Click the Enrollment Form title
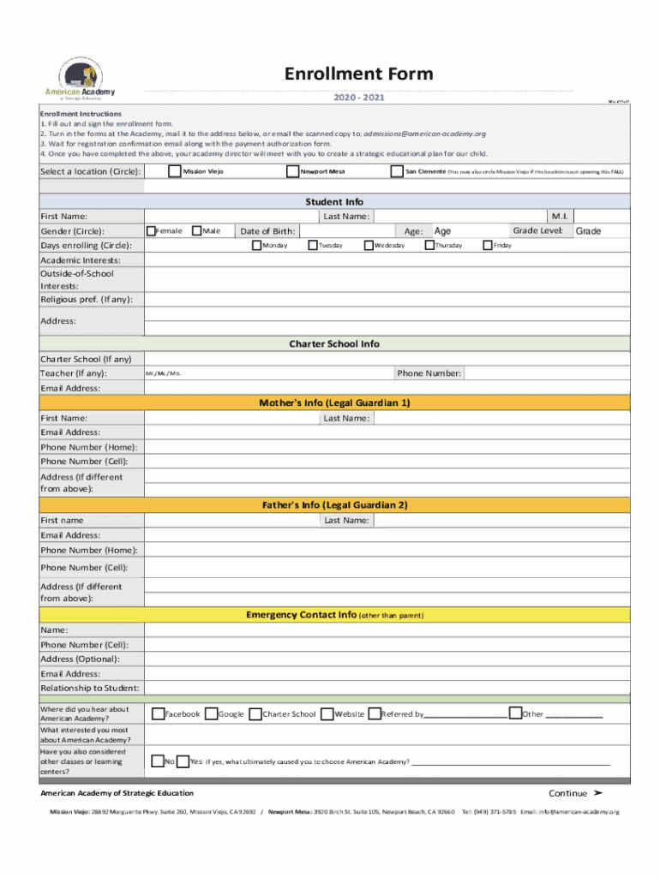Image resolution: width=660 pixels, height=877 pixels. [x=358, y=75]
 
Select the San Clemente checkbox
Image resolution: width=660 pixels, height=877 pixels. [x=396, y=171]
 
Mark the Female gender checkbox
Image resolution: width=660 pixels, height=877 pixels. [x=151, y=230]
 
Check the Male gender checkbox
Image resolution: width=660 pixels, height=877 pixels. [x=196, y=230]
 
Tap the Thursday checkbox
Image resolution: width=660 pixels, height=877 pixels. [x=429, y=246]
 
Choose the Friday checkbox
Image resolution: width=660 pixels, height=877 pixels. [x=487, y=246]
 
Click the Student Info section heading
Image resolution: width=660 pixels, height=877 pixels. [x=334, y=202]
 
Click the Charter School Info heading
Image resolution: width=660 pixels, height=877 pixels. [x=334, y=343]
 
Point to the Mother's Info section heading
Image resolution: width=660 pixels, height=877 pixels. [x=334, y=403]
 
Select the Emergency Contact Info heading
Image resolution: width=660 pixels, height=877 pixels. [x=334, y=615]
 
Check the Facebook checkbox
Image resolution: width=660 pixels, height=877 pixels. [x=158, y=713]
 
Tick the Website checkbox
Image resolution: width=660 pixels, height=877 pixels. [x=327, y=713]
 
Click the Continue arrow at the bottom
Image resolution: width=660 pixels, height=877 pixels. [x=575, y=793]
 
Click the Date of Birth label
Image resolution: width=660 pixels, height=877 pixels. [x=267, y=231]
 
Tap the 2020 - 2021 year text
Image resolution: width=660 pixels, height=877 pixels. [x=358, y=98]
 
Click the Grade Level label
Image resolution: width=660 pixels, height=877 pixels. [x=537, y=230]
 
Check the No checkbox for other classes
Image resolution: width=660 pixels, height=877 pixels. [x=157, y=761]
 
